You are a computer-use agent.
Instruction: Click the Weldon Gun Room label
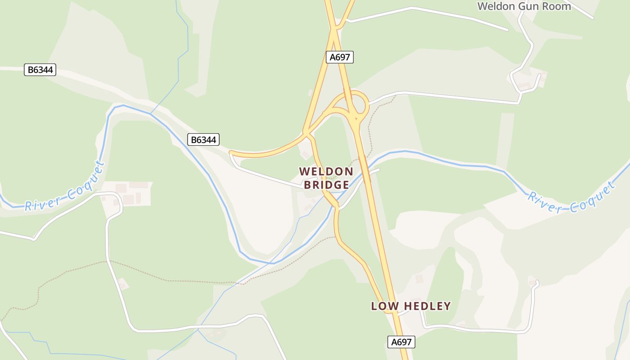524,6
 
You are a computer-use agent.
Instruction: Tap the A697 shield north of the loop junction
339,57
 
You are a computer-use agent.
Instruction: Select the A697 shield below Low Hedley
401,342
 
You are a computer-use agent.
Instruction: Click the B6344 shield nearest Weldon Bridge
203,140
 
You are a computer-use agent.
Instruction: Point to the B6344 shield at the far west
40,70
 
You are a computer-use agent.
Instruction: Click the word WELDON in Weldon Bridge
326,171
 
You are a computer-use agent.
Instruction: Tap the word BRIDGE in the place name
326,184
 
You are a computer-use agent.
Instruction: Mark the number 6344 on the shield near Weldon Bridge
206,140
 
